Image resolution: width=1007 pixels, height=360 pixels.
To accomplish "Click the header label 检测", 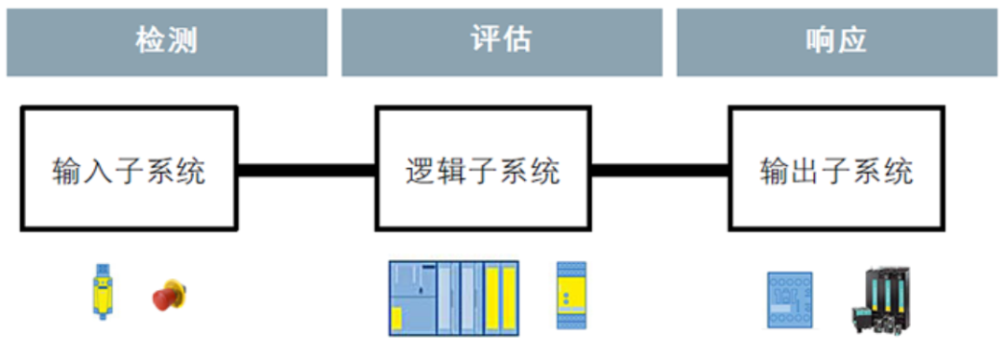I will point(167,42).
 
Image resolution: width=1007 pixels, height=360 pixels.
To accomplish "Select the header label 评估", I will point(502,42).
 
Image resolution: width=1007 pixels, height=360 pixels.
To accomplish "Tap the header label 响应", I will point(836,42).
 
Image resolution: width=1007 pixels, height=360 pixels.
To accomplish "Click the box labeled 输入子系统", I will point(129,168).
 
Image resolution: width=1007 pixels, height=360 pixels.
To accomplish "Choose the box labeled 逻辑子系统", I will point(483,168).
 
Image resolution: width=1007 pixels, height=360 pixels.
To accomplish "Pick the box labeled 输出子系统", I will point(836,168).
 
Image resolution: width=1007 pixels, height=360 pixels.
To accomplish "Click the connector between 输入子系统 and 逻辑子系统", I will point(306,171).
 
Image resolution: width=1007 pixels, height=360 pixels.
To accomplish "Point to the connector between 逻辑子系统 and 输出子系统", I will point(659,171).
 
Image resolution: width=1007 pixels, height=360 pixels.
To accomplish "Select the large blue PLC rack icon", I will point(453,298).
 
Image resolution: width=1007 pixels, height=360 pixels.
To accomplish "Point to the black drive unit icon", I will point(879,298).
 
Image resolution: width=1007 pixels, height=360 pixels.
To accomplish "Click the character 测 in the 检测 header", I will point(182,42).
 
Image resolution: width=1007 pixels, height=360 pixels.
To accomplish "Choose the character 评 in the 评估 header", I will point(486,42).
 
